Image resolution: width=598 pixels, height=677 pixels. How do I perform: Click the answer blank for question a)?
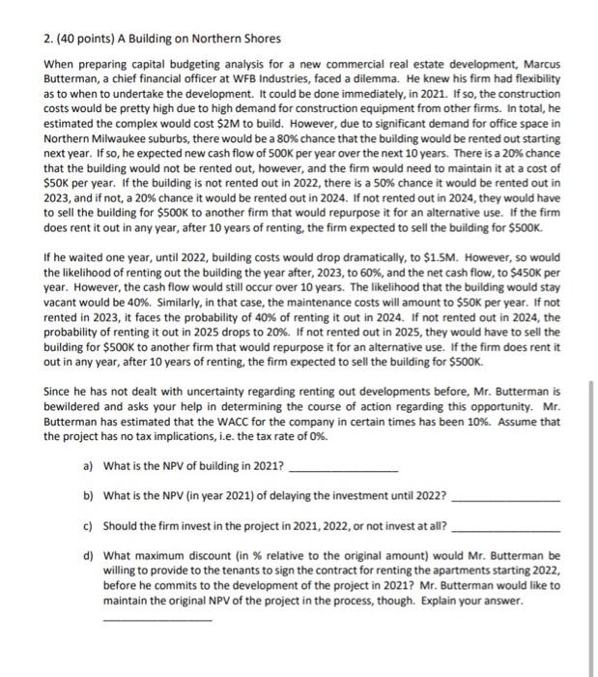click(343, 470)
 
